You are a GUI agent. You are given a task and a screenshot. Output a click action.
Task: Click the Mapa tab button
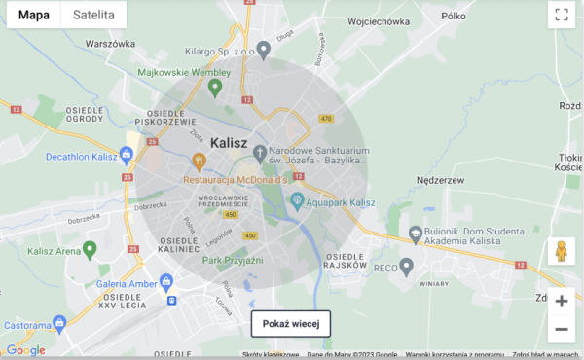[34, 16]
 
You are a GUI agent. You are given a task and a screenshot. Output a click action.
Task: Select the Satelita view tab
[93, 16]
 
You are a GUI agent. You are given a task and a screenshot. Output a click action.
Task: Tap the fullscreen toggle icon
[561, 15]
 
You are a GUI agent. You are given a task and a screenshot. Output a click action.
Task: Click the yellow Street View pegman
[561, 251]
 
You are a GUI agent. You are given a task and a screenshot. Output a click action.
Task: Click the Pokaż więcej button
[291, 323]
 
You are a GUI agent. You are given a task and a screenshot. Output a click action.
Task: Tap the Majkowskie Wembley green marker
[216, 87]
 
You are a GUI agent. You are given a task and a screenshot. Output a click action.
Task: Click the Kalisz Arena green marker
[90, 250]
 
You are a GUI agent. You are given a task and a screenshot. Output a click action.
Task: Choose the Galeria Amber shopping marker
[165, 282]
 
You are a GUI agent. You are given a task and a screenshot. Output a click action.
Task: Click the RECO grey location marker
[407, 265]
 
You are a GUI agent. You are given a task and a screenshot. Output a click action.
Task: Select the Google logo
[25, 350]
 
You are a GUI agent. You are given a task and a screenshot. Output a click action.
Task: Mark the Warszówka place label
[109, 44]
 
